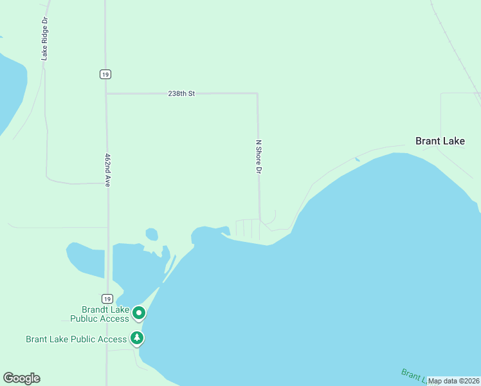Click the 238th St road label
[x=181, y=93]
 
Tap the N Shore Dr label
[x=259, y=157]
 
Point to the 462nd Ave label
[x=107, y=170]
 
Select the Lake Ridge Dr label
[x=44, y=39]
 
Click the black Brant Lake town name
[x=440, y=141]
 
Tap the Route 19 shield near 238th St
[x=105, y=74]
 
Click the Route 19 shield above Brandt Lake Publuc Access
[x=107, y=299]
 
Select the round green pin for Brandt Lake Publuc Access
[x=139, y=314]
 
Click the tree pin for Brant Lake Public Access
[x=136, y=338]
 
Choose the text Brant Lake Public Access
[x=77, y=339]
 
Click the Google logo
[x=21, y=378]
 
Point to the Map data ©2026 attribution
[x=454, y=381]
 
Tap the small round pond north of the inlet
[x=152, y=234]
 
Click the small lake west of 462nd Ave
[x=86, y=258]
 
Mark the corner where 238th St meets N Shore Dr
[x=257, y=94]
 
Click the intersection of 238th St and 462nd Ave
[x=107, y=94]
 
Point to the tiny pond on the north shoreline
[x=357, y=159]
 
